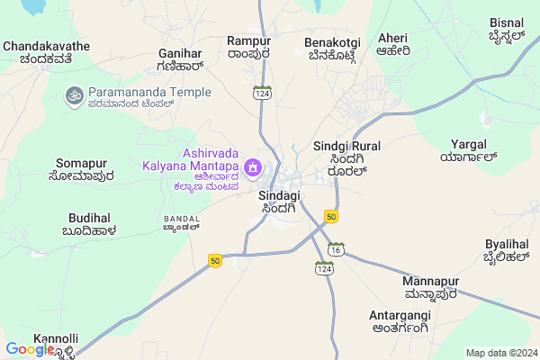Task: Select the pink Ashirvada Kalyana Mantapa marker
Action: tap(254, 167)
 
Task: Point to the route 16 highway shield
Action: tap(337, 248)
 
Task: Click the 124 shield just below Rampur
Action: tap(262, 93)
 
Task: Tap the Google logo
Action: tap(29, 349)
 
